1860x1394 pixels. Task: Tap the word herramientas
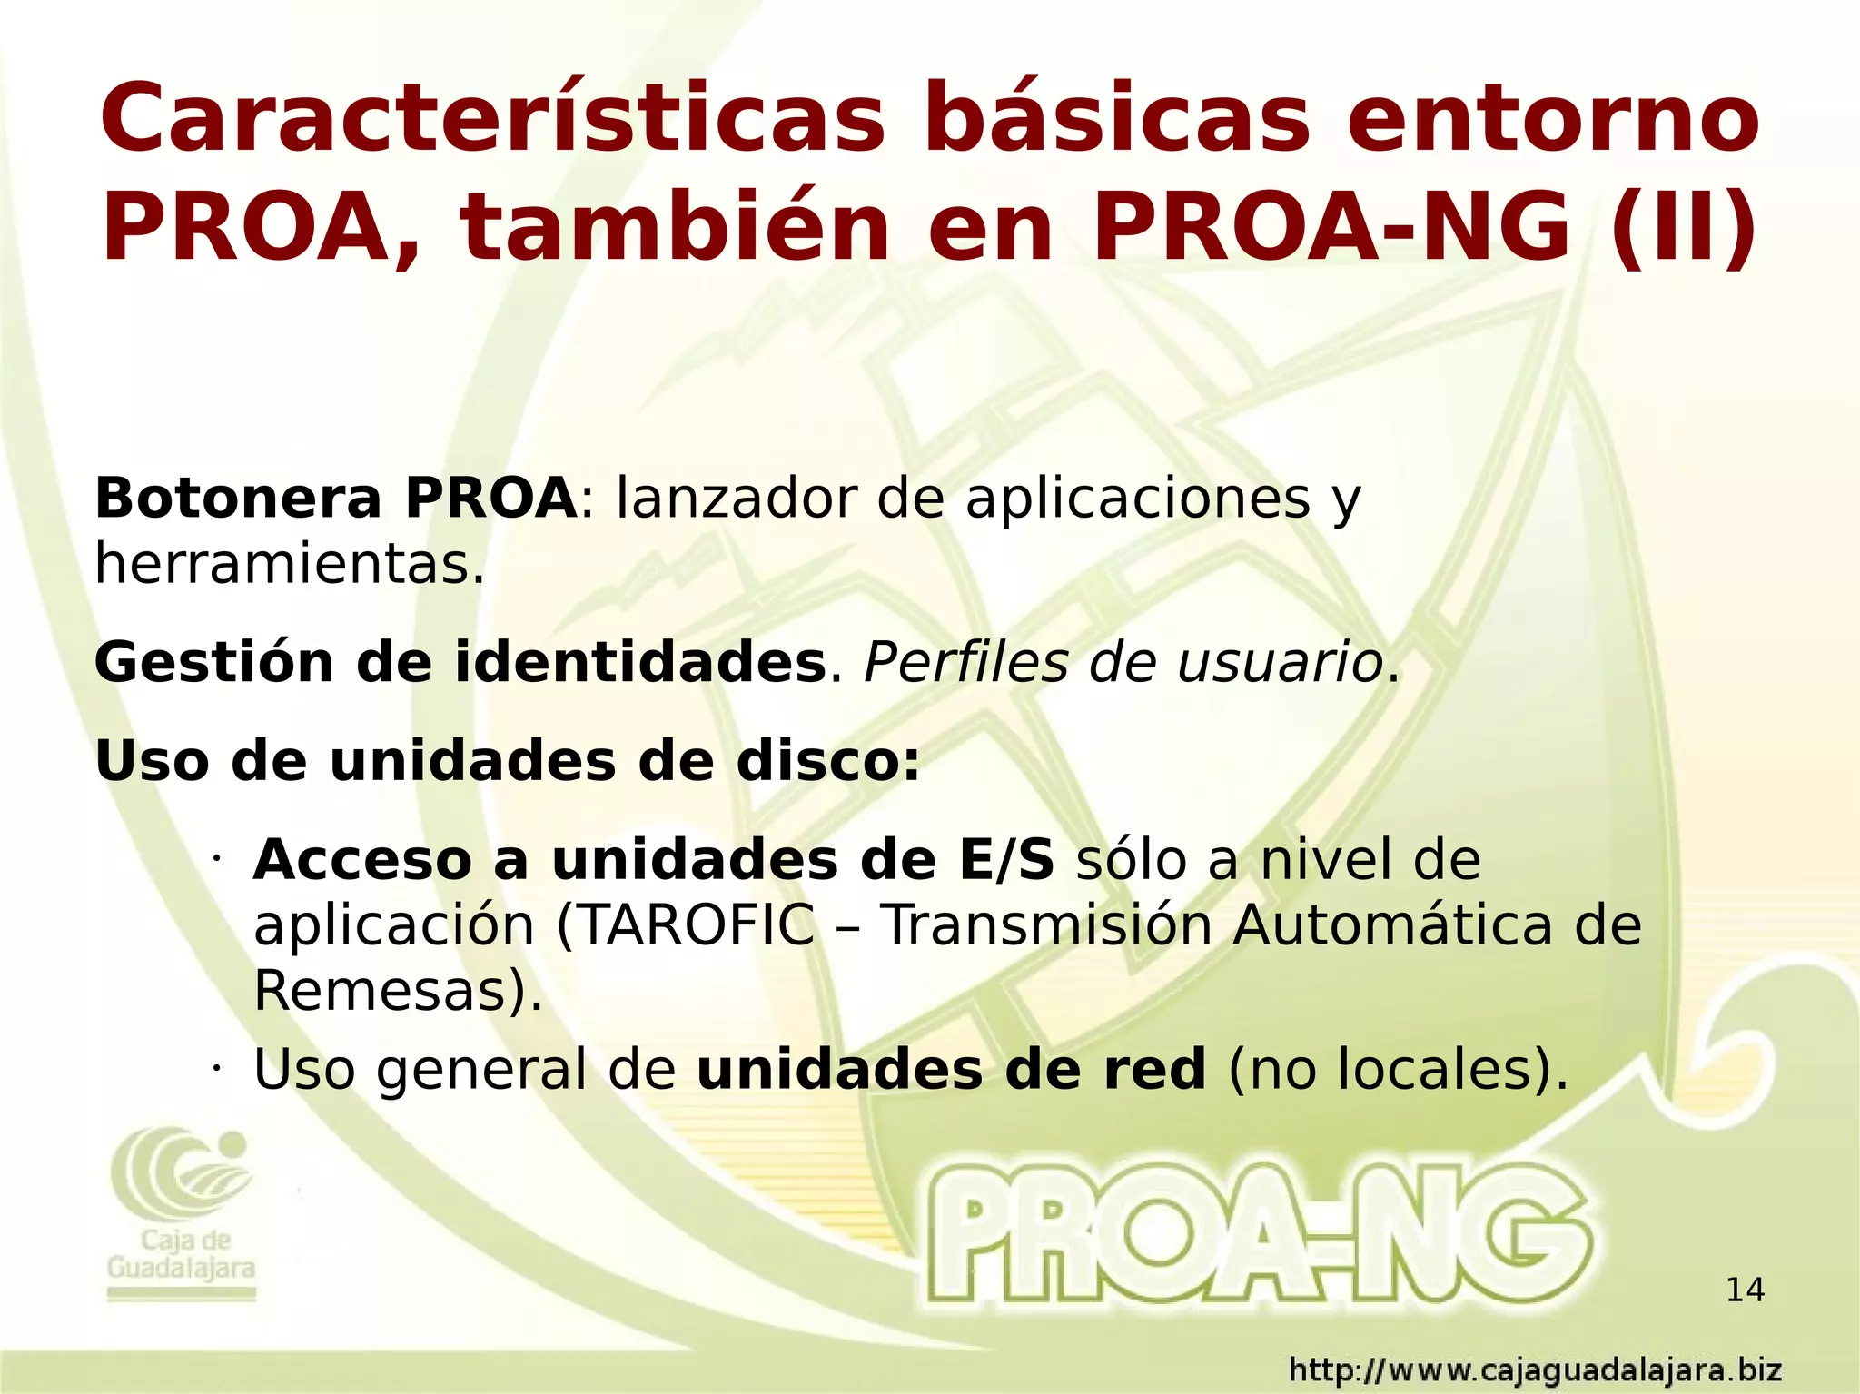pyautogui.click(x=289, y=564)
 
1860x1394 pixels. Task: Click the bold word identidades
pyautogui.click(x=639, y=662)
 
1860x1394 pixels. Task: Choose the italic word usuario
pyautogui.click(x=1279, y=662)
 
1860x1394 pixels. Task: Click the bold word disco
pyautogui.click(x=827, y=760)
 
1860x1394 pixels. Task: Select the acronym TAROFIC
pyautogui.click(x=686, y=925)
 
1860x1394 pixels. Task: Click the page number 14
pyautogui.click(x=1745, y=1290)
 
